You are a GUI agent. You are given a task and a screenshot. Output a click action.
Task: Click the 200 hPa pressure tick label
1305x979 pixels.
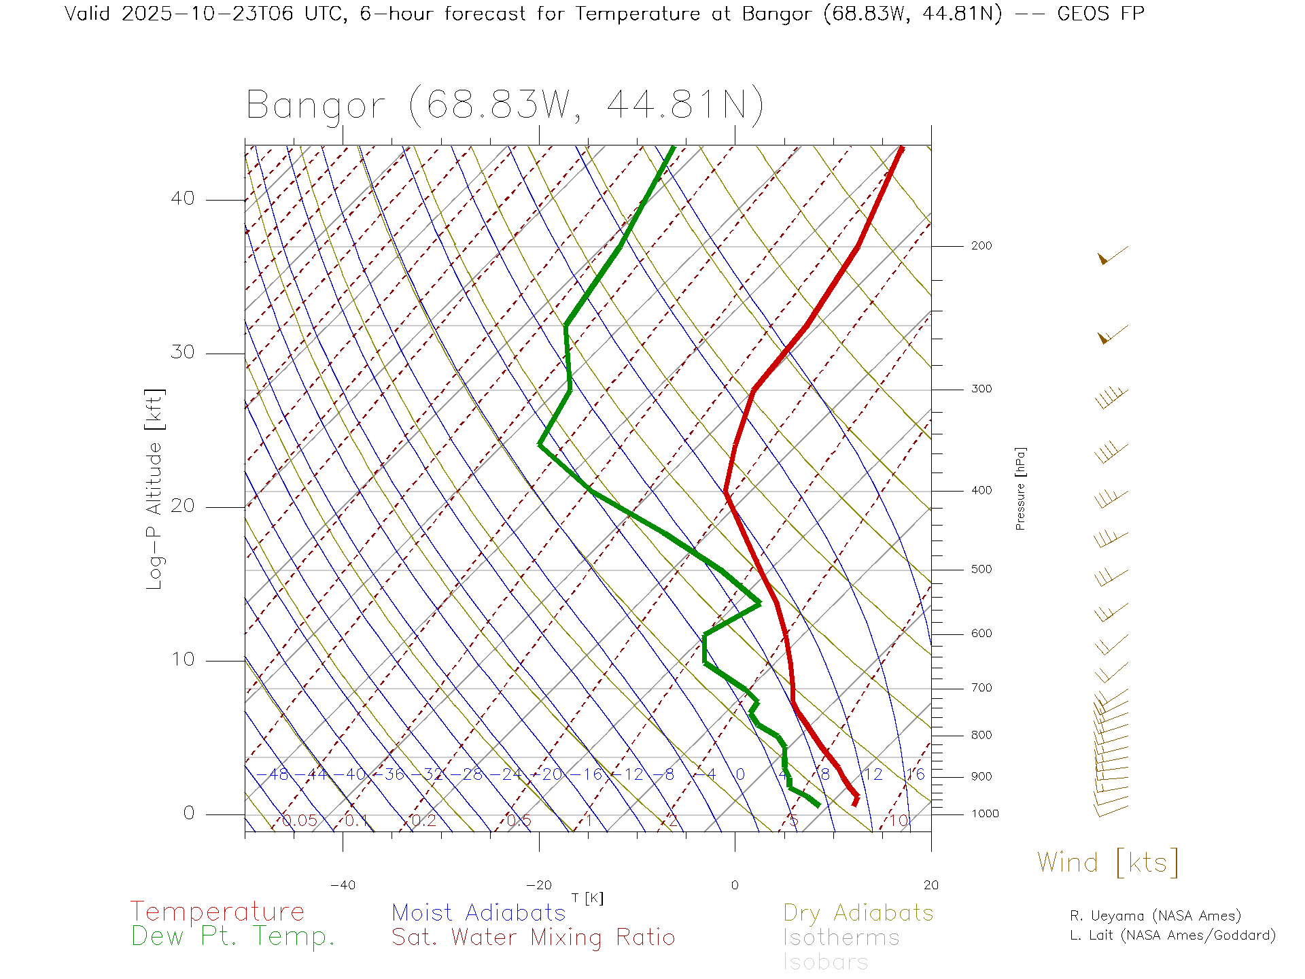click(x=981, y=246)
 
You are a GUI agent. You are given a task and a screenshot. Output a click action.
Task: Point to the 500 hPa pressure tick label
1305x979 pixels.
click(x=981, y=570)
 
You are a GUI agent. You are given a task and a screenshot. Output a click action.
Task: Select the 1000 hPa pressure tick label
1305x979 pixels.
click(x=984, y=814)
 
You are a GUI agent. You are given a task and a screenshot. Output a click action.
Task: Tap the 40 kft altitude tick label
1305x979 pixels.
click(x=182, y=199)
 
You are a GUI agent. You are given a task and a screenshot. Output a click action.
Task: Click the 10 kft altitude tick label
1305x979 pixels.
click(x=182, y=659)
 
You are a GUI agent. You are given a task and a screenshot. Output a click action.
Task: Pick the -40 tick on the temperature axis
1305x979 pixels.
click(x=343, y=885)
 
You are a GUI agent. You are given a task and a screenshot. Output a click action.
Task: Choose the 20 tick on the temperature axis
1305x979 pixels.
click(x=930, y=885)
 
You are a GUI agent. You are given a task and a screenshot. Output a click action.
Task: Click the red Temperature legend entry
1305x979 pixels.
click(x=217, y=912)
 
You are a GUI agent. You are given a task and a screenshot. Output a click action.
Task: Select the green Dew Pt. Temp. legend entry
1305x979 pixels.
click(x=233, y=937)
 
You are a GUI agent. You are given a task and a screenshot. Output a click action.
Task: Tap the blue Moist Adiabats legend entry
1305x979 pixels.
click(x=478, y=913)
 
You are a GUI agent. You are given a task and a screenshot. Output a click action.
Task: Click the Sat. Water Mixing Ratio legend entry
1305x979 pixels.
click(x=533, y=938)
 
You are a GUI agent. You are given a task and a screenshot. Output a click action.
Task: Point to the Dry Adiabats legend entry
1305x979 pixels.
click(x=858, y=913)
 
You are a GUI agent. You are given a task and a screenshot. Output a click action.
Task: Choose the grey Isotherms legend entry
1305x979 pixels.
click(x=841, y=938)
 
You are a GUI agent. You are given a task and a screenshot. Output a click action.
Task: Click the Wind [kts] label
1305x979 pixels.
click(x=1108, y=863)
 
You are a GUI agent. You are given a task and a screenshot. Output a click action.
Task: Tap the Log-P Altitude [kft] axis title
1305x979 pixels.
click(x=155, y=489)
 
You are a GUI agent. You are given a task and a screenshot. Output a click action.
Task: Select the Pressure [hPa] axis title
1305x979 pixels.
click(x=1020, y=488)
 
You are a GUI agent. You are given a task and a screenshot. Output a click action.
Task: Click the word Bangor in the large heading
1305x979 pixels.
click(x=315, y=106)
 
